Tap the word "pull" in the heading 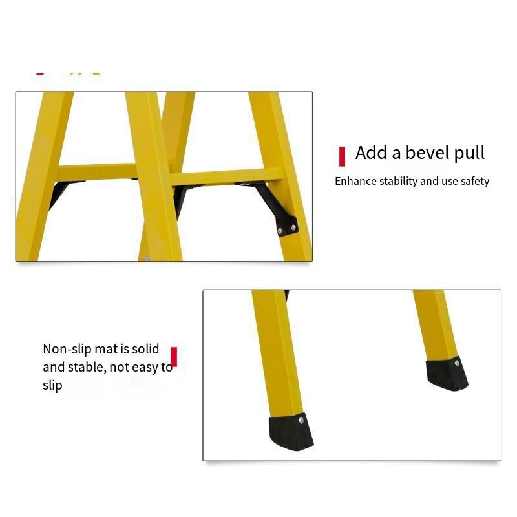[469, 153]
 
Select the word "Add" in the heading [371, 153]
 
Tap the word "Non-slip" [67, 349]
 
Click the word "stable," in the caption [87, 367]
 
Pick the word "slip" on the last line [52, 386]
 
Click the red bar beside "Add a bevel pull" [343, 156]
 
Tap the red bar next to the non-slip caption [174, 357]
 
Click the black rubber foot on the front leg [291, 431]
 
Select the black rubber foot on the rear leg [447, 374]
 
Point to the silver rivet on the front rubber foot [301, 421]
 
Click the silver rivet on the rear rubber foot [457, 363]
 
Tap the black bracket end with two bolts [286, 226]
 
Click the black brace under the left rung [59, 194]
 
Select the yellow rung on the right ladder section [227, 177]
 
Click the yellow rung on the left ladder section [97, 172]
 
